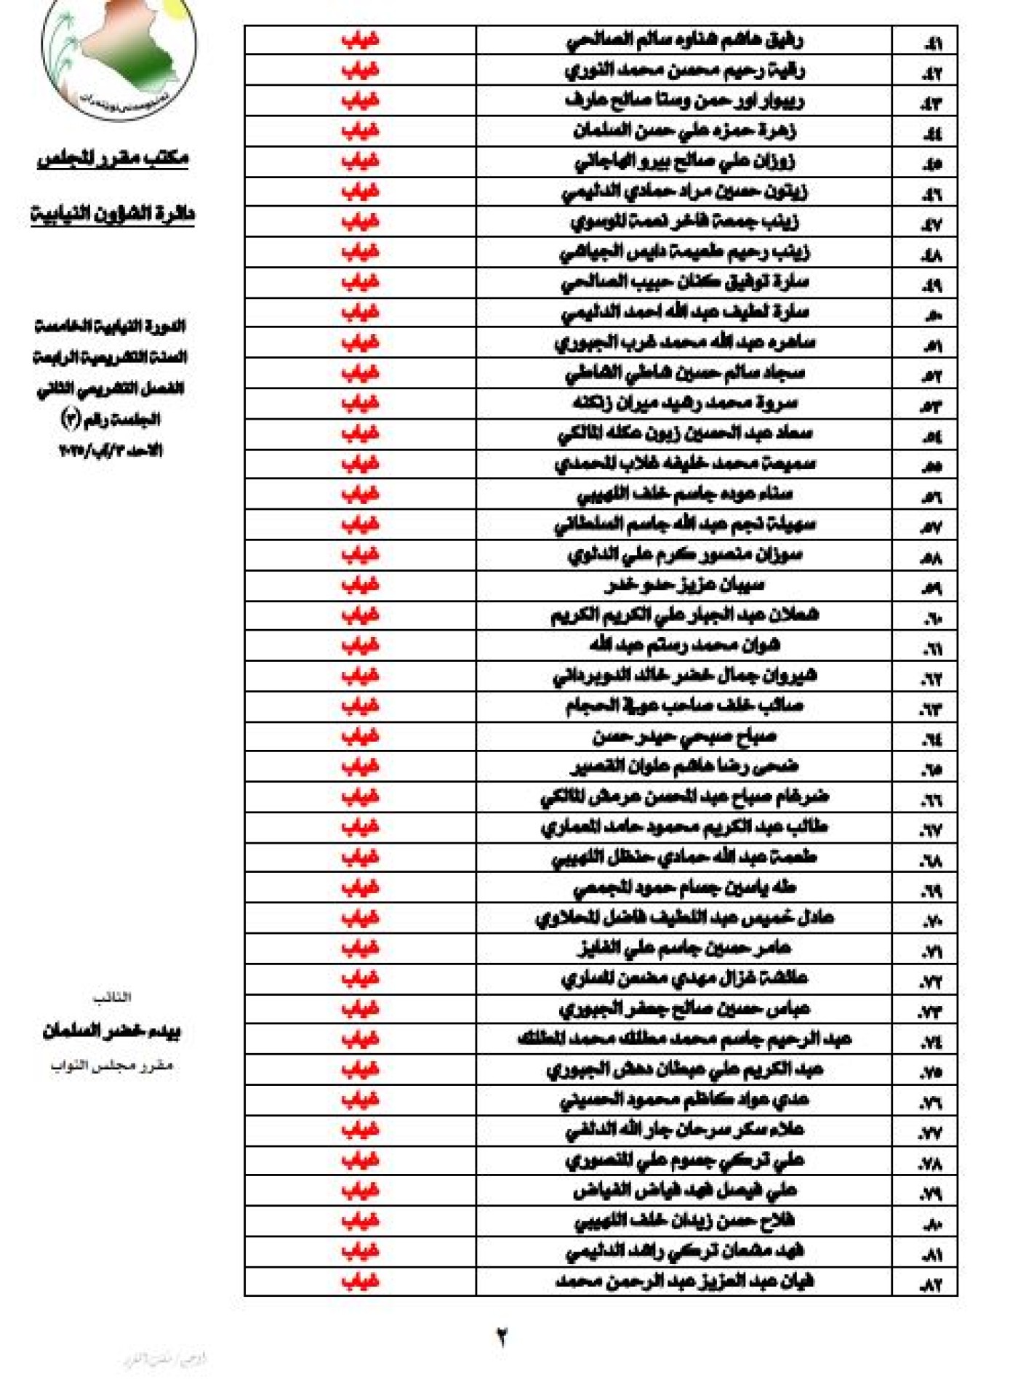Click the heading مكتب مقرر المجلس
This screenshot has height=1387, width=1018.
pyautogui.click(x=113, y=158)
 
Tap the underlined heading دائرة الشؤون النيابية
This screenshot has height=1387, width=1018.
pyautogui.click(x=113, y=214)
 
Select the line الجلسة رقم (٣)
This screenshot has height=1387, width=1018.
pyautogui.click(x=111, y=420)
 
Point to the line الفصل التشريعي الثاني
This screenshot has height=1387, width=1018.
pyautogui.click(x=111, y=388)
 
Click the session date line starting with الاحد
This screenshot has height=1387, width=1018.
pyautogui.click(x=111, y=451)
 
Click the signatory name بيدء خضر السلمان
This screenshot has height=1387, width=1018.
pyautogui.click(x=111, y=1031)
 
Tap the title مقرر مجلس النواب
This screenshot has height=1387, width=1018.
pyautogui.click(x=111, y=1066)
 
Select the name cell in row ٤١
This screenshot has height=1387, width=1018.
pyautogui.click(x=684, y=40)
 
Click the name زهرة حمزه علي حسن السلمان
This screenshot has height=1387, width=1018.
pyautogui.click(x=684, y=131)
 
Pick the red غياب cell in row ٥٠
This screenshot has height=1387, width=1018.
pyautogui.click(x=360, y=313)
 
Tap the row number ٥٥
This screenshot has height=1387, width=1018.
pyautogui.click(x=931, y=465)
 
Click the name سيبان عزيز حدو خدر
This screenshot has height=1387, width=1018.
pyautogui.click(x=684, y=585)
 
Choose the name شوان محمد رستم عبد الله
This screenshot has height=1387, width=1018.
pyautogui.click(x=684, y=645)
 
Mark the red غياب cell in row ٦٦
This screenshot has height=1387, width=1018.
pyautogui.click(x=360, y=796)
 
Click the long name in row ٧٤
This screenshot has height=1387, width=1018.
pyautogui.click(x=684, y=1039)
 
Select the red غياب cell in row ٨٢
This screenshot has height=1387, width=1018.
pyautogui.click(x=360, y=1281)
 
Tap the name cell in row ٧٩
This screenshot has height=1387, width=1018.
pyautogui.click(x=684, y=1191)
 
